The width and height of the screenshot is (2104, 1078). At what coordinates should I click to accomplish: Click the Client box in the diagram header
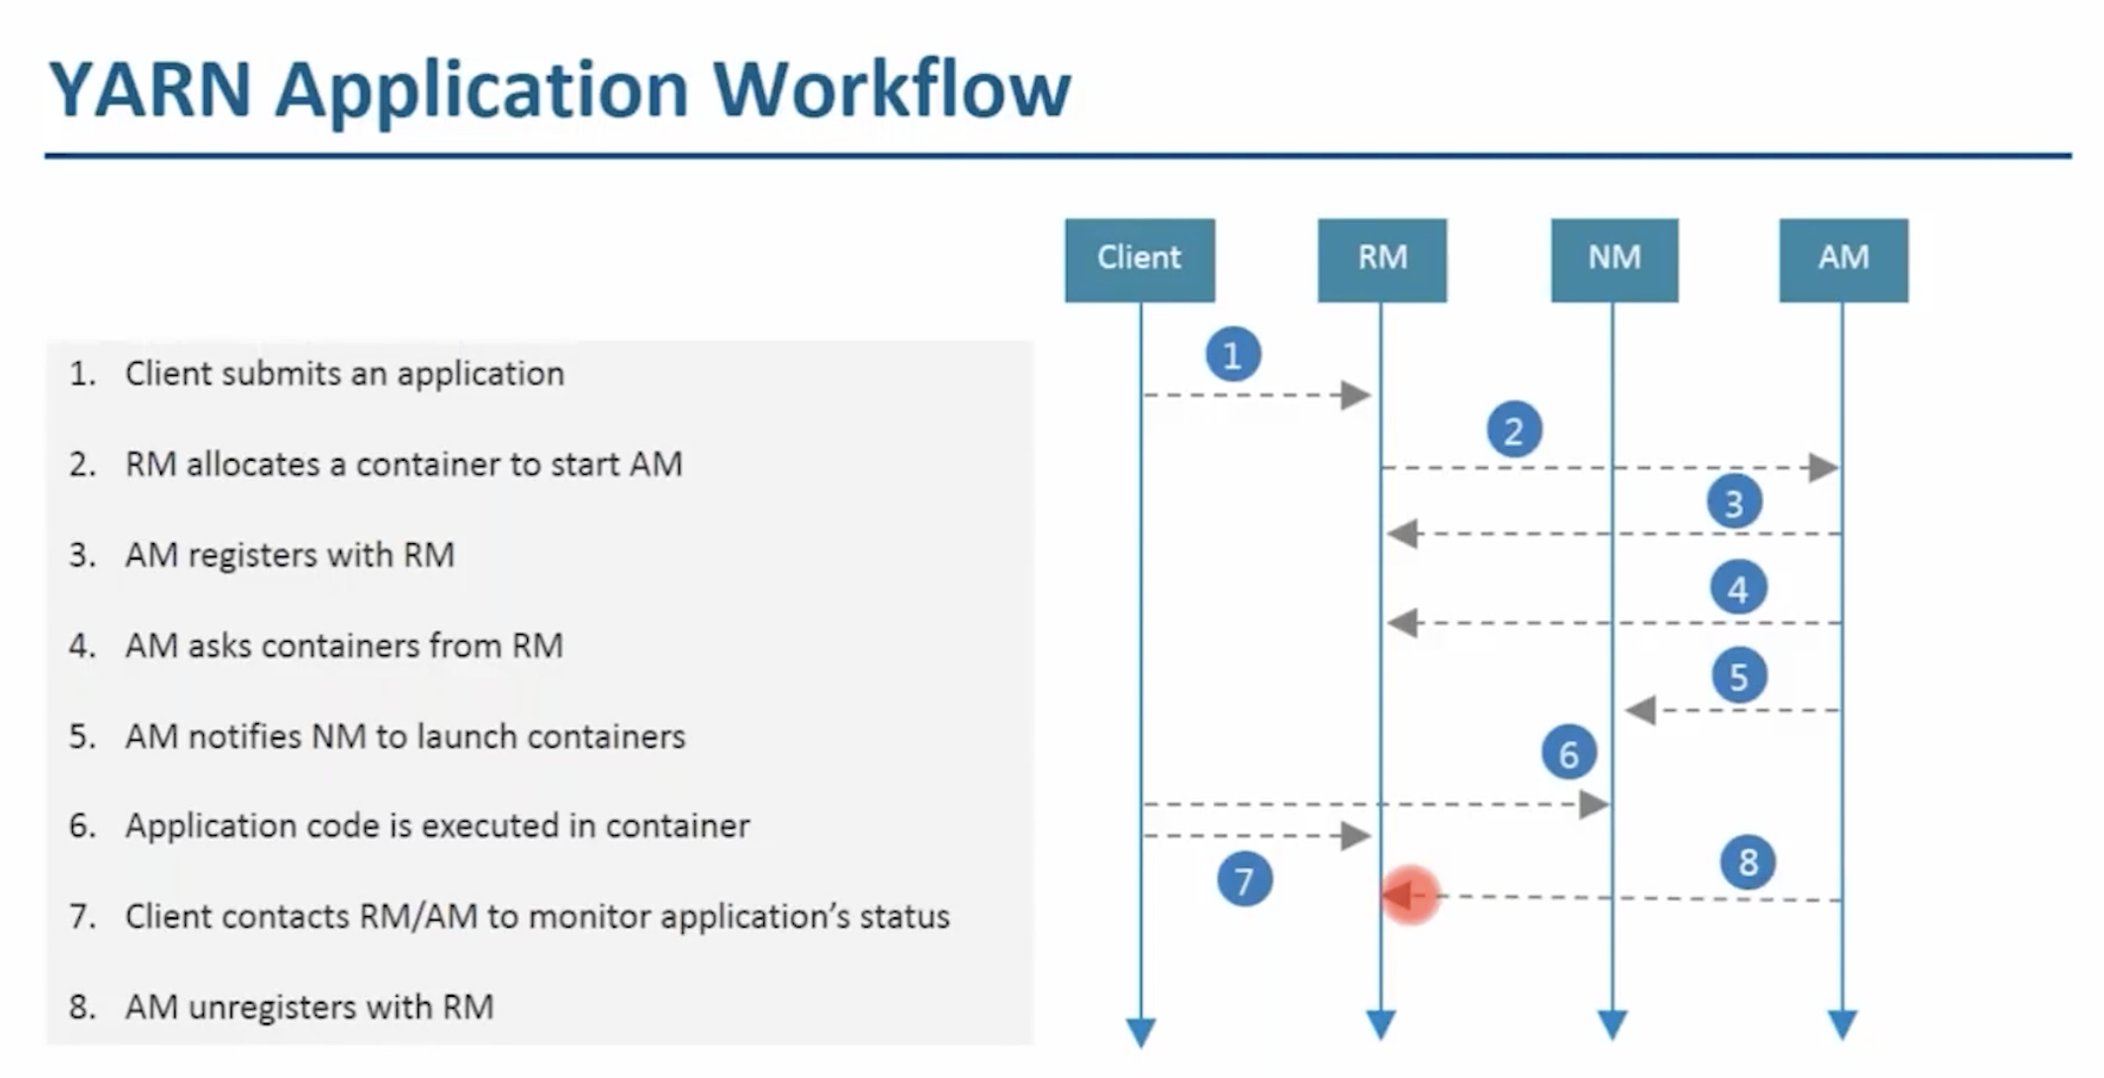(x=1139, y=259)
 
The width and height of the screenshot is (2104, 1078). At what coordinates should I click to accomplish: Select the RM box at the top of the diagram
(x=1381, y=259)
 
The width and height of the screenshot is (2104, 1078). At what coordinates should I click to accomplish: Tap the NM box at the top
(x=1614, y=259)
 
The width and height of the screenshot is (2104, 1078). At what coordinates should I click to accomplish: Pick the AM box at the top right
(x=1843, y=259)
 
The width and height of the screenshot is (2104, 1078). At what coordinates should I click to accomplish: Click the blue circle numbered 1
(x=1233, y=354)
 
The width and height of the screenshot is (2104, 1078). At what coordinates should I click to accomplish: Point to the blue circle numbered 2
(x=1514, y=431)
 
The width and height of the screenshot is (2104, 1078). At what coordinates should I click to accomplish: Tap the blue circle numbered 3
(x=1734, y=502)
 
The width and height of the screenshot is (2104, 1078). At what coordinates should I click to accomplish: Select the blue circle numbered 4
(x=1738, y=589)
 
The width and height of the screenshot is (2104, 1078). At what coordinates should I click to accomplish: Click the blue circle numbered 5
(x=1739, y=676)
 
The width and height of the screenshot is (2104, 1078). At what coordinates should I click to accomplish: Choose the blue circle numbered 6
(x=1569, y=754)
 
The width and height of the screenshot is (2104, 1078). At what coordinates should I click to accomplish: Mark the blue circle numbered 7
(x=1245, y=879)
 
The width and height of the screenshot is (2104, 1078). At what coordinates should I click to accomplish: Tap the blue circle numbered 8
(x=1748, y=861)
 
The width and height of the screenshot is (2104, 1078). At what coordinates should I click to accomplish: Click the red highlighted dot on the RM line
(x=1410, y=896)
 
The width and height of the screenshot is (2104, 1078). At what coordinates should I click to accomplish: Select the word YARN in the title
(x=149, y=91)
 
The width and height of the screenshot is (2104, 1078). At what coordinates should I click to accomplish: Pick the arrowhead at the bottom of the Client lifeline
(x=1140, y=1031)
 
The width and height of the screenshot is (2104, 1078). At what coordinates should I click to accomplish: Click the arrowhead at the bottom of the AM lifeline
(x=1842, y=1025)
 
